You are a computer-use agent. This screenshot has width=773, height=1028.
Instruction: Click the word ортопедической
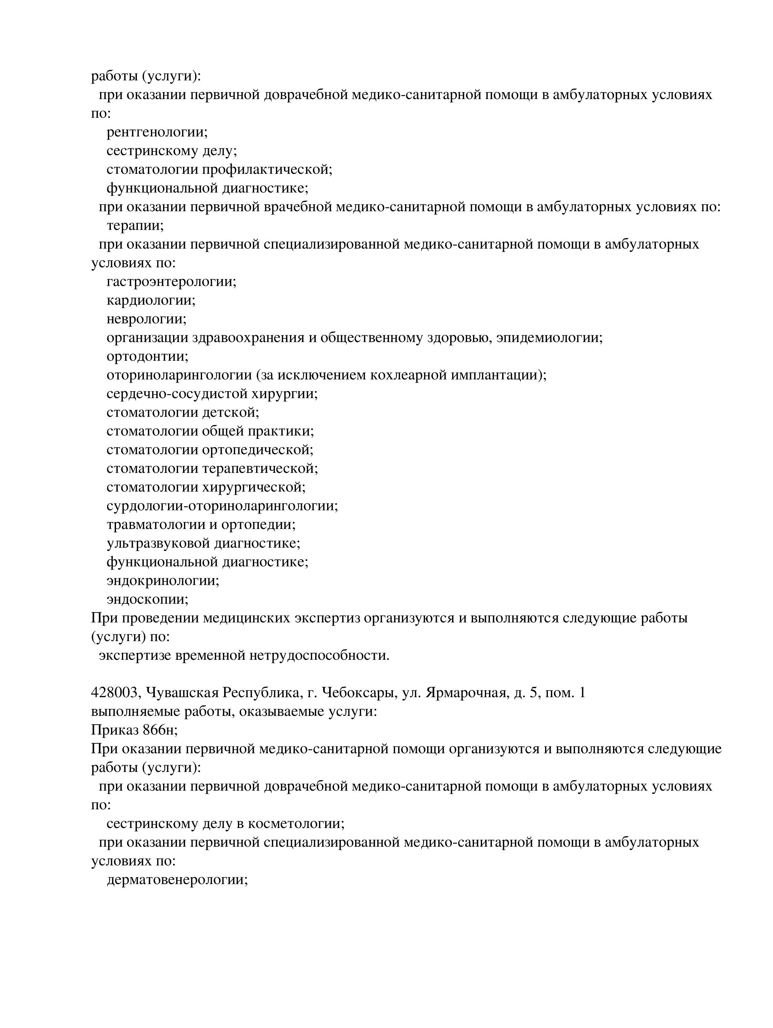coord(258,450)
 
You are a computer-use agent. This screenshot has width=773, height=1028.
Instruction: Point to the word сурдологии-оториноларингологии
coord(222,506)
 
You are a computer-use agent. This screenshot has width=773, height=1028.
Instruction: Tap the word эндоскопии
coord(147,599)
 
